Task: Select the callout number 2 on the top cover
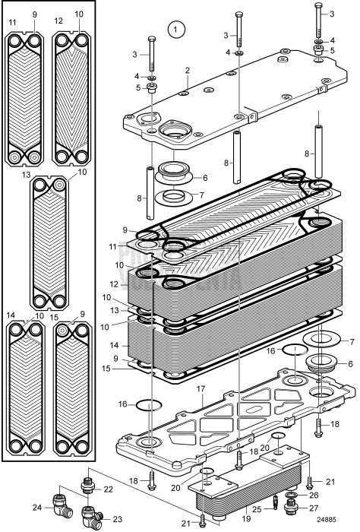[187, 71]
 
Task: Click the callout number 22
[109, 489]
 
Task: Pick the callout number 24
[37, 506]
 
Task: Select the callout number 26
[314, 494]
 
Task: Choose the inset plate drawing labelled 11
[24, 97]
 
